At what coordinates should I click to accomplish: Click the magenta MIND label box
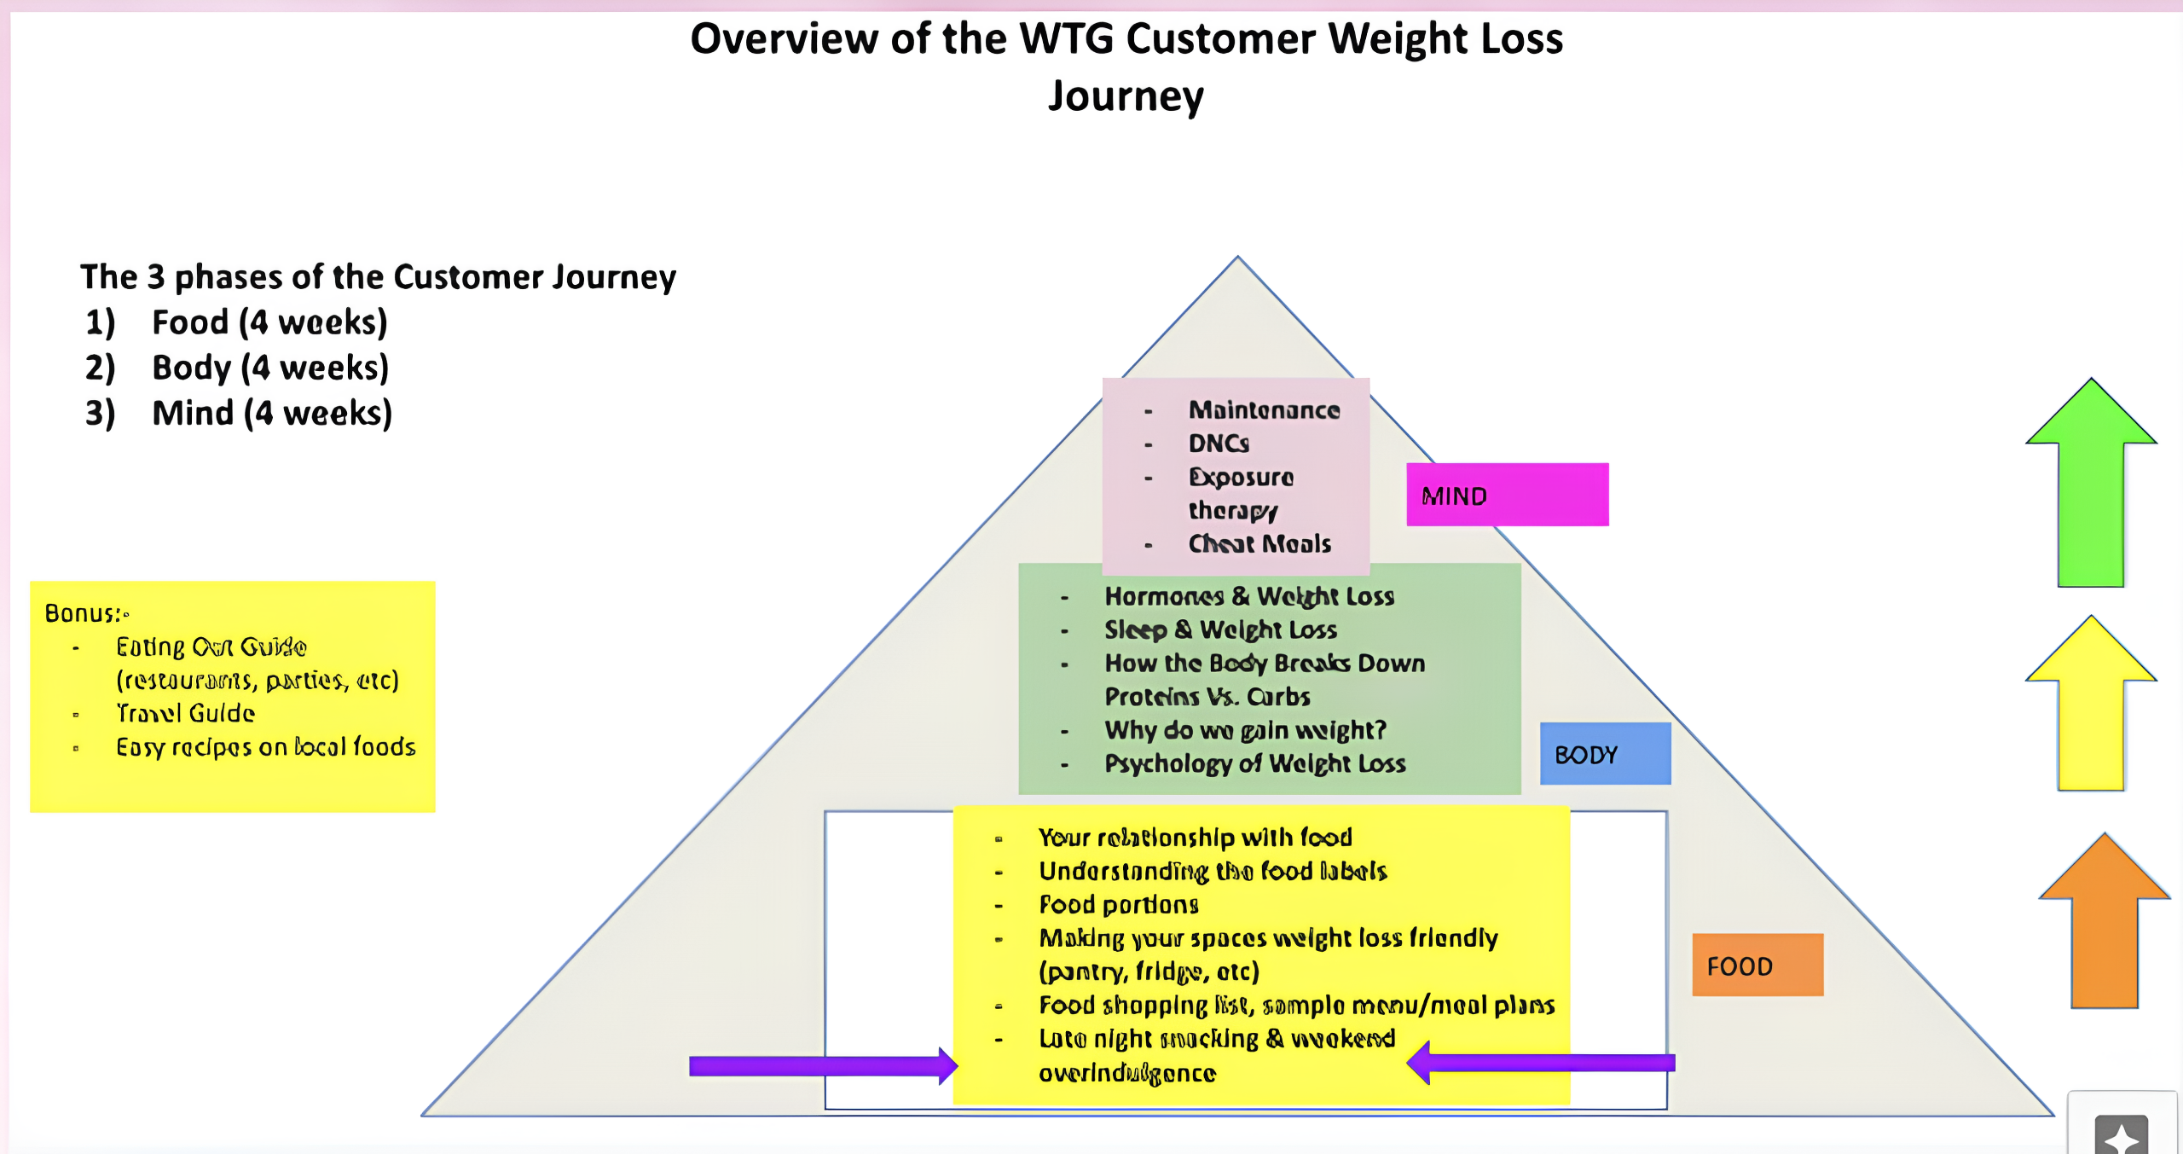tap(1507, 495)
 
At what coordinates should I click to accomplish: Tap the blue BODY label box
tap(1605, 754)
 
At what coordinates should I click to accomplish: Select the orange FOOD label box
tap(1757, 966)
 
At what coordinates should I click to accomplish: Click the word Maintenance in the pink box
tap(1264, 410)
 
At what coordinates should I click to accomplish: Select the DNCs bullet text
tap(1219, 444)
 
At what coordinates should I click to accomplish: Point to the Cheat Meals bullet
tap(1259, 543)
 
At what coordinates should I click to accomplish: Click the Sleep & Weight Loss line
tap(1220, 629)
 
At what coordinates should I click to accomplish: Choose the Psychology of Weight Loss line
tap(1254, 763)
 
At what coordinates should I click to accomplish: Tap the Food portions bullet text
tap(1119, 904)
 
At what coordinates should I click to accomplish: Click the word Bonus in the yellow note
tap(82, 613)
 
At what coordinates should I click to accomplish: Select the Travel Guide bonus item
tap(186, 713)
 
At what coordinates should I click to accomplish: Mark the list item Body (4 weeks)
tap(269, 368)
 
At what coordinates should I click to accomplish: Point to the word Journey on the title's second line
tap(1126, 96)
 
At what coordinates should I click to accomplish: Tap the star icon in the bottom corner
tap(2122, 1136)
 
